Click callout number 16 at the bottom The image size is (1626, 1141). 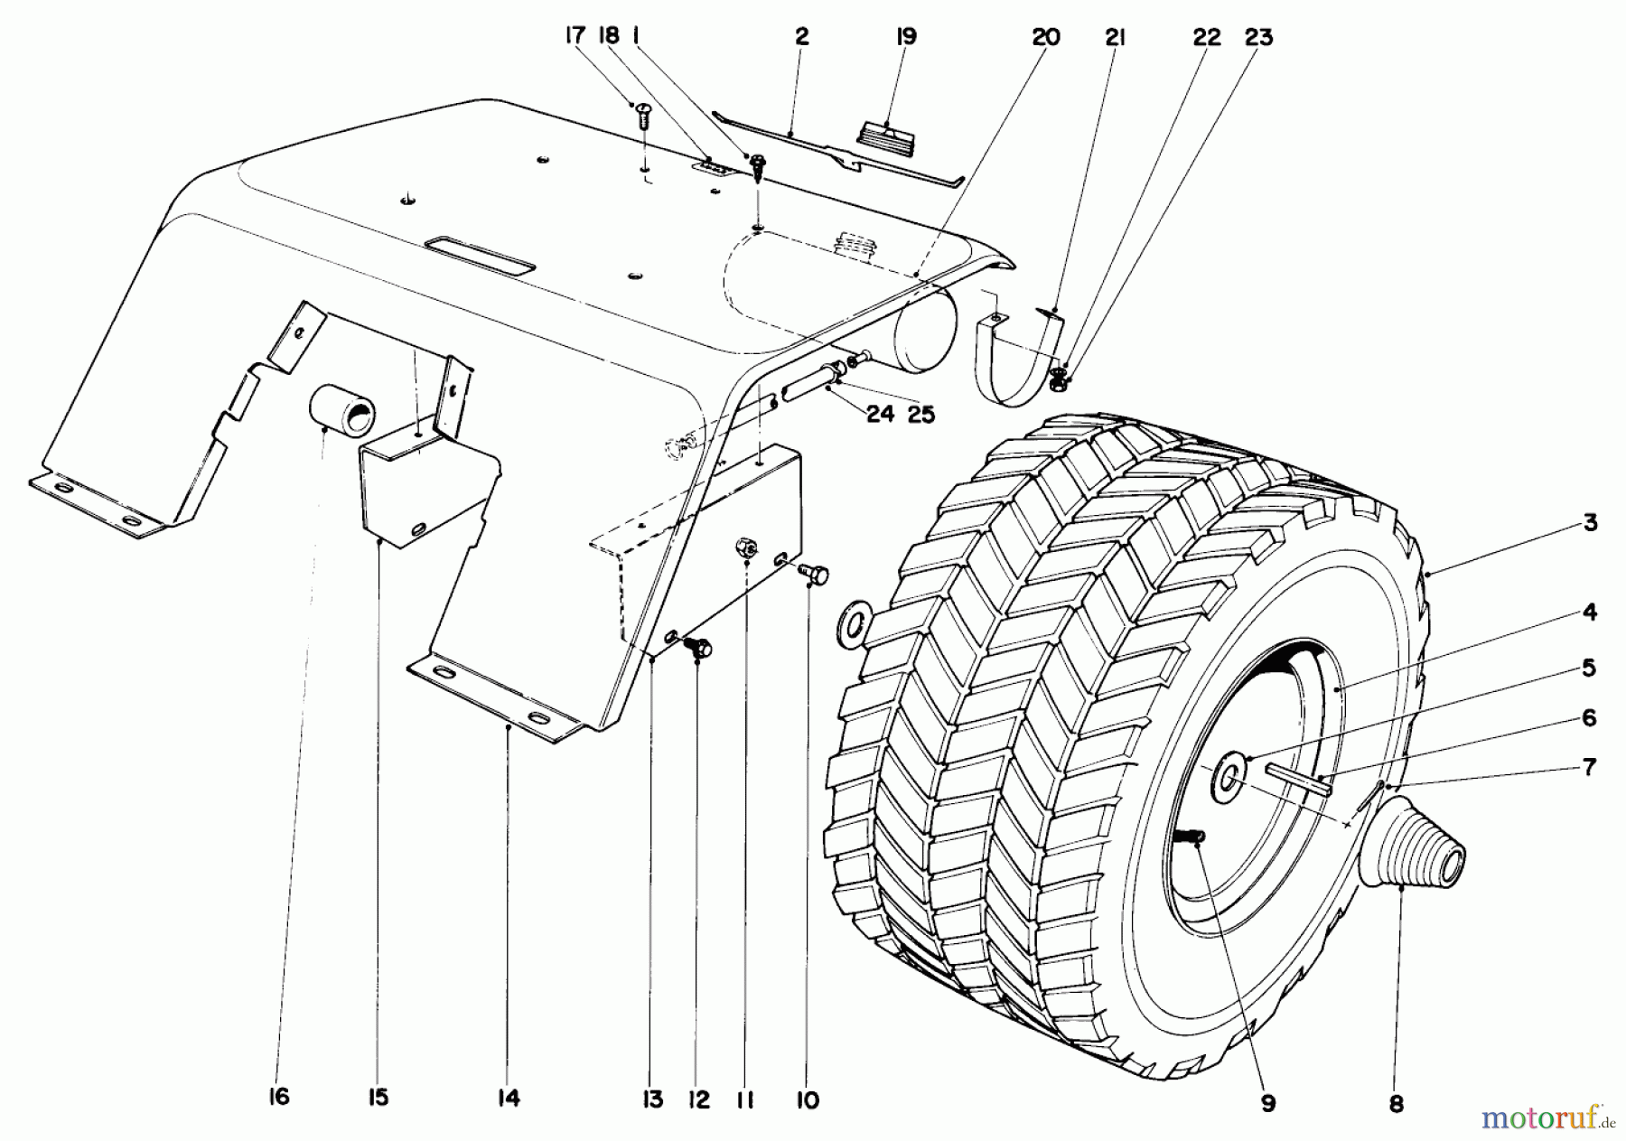[278, 1098]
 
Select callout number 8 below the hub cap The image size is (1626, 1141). [1397, 1104]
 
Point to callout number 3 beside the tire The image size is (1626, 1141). [1590, 523]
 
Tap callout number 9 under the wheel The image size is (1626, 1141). [1268, 1103]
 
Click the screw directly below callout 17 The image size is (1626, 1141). [644, 116]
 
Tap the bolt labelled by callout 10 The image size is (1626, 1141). [815, 573]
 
